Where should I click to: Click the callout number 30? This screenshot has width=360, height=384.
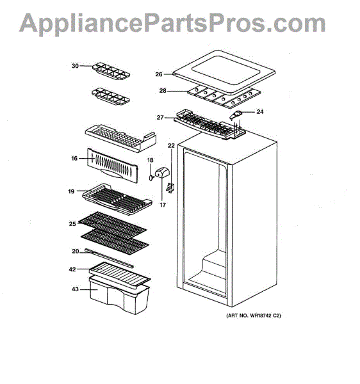tap(75, 66)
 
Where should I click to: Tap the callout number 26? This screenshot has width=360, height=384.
tap(159, 74)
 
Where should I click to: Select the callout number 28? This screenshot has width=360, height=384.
tap(163, 91)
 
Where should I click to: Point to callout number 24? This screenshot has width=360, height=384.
tap(260, 112)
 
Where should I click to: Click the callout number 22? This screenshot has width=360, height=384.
tap(171, 146)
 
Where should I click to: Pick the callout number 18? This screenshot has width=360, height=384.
tap(151, 160)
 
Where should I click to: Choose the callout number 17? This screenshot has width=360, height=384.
tap(163, 205)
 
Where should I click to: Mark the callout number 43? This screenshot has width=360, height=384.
tap(75, 289)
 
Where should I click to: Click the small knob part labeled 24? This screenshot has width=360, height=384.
tap(236, 115)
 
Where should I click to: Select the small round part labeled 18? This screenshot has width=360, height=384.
tap(151, 177)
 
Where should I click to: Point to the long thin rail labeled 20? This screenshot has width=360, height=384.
tap(110, 258)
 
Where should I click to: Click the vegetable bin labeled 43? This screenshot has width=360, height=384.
tap(120, 295)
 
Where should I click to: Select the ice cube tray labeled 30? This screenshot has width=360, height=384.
tap(111, 71)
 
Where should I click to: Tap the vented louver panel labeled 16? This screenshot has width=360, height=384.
tap(113, 165)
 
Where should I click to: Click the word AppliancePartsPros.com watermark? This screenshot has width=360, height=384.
tap(172, 24)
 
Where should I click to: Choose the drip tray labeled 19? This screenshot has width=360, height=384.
tap(117, 199)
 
